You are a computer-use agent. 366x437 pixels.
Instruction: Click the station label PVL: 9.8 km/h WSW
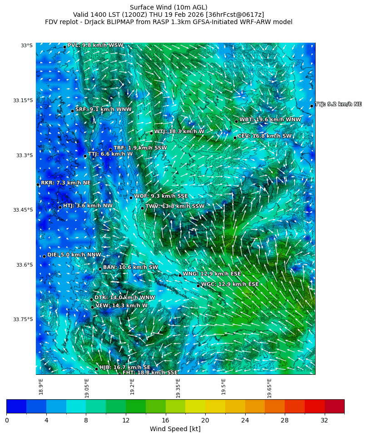point(95,45)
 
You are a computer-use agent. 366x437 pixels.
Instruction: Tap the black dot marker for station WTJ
point(151,133)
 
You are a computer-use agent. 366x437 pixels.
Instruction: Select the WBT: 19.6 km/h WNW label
point(270,120)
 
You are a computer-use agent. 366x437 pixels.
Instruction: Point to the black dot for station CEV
point(235,138)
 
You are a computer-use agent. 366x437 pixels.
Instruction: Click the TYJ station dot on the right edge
point(312,106)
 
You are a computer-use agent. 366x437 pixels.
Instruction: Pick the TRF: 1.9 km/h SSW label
point(140,148)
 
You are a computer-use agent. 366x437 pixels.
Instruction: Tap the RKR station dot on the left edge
point(38,184)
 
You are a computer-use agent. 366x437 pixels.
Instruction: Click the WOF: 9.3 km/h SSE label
point(161,196)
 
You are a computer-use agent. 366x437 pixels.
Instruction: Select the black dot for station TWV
point(142,209)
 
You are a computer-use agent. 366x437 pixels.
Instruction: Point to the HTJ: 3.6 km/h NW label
point(88,206)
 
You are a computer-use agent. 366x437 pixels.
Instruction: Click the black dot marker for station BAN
point(100,269)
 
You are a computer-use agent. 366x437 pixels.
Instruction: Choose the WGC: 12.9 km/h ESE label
point(230,284)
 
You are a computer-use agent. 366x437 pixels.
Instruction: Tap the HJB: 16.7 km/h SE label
point(125,367)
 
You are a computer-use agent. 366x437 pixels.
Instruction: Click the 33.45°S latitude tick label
point(23,210)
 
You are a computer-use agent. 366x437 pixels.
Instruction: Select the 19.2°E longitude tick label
point(133,387)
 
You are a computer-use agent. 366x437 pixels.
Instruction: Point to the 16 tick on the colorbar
point(165,421)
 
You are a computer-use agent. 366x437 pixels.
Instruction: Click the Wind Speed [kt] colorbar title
point(175,429)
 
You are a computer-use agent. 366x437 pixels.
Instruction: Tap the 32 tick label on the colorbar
point(324,421)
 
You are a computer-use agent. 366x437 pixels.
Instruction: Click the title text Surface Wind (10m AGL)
point(168,7)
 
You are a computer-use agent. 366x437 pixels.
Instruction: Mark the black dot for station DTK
point(91,299)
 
